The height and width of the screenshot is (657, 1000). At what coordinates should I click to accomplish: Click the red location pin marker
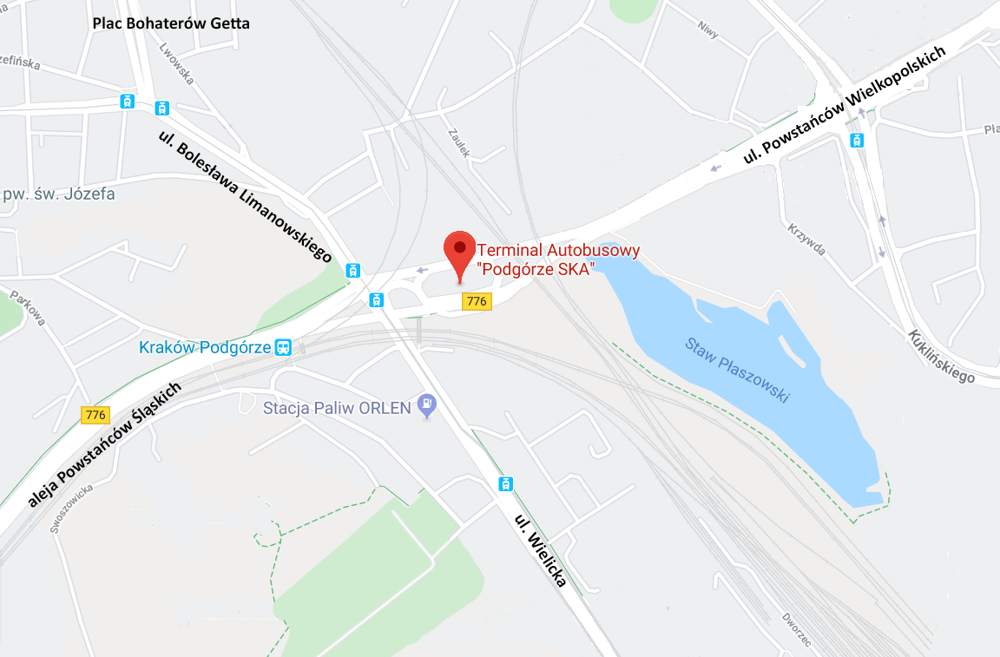click(x=459, y=253)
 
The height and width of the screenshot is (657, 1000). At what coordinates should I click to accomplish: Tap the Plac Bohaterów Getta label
click(x=171, y=23)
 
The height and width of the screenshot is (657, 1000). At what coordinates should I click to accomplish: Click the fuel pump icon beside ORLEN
click(x=426, y=404)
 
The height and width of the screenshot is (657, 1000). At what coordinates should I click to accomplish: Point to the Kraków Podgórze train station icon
click(x=283, y=348)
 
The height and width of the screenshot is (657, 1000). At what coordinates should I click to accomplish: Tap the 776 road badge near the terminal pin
click(x=476, y=301)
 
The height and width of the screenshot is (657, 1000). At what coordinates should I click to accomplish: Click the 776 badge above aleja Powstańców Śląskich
click(x=95, y=415)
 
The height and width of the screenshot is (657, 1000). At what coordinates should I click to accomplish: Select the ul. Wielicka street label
click(x=540, y=550)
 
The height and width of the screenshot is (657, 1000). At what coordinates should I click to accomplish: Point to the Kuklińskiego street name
click(x=942, y=356)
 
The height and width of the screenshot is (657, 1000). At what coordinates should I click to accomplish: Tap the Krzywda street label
click(x=806, y=238)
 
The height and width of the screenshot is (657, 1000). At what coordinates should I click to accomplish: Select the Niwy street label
click(x=708, y=28)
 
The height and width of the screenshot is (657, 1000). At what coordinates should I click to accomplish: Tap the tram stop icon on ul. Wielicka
click(x=505, y=483)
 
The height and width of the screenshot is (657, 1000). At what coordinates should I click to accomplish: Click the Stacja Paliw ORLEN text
click(x=336, y=407)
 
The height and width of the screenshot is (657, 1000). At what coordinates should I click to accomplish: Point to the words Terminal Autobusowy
click(x=558, y=251)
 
